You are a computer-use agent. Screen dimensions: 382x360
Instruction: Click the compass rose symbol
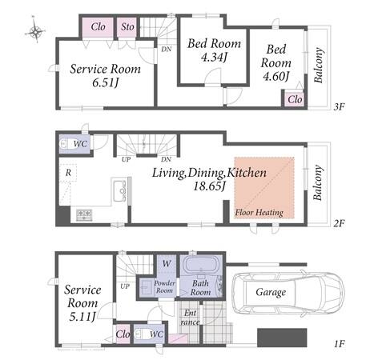point(35,31)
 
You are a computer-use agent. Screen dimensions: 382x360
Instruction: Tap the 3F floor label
point(339,107)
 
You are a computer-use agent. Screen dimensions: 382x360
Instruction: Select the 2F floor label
point(339,223)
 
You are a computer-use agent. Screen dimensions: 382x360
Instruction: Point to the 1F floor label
point(339,344)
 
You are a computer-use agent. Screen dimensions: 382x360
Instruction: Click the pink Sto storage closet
point(127,27)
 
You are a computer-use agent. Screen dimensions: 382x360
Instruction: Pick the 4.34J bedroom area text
point(214,57)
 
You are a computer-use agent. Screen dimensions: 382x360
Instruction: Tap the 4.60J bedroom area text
point(275,77)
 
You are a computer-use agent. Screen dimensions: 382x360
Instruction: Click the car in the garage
point(288,293)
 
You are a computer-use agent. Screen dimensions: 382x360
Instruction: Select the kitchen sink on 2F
point(119,190)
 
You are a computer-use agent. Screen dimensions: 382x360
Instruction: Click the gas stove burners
point(84,215)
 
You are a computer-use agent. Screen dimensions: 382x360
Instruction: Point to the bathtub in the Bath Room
point(201,265)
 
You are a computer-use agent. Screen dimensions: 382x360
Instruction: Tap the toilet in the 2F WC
point(66,144)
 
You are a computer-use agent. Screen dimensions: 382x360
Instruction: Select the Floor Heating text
point(259,213)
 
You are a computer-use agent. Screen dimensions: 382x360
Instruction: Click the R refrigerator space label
point(68,173)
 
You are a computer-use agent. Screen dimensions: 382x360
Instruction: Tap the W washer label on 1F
point(167,264)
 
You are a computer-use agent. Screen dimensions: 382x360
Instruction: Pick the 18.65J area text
point(209,186)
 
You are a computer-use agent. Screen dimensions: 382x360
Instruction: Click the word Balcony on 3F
point(319,65)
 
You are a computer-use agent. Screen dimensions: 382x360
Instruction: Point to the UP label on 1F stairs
point(125,286)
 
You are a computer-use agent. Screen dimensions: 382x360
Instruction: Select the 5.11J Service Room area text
point(82,317)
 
